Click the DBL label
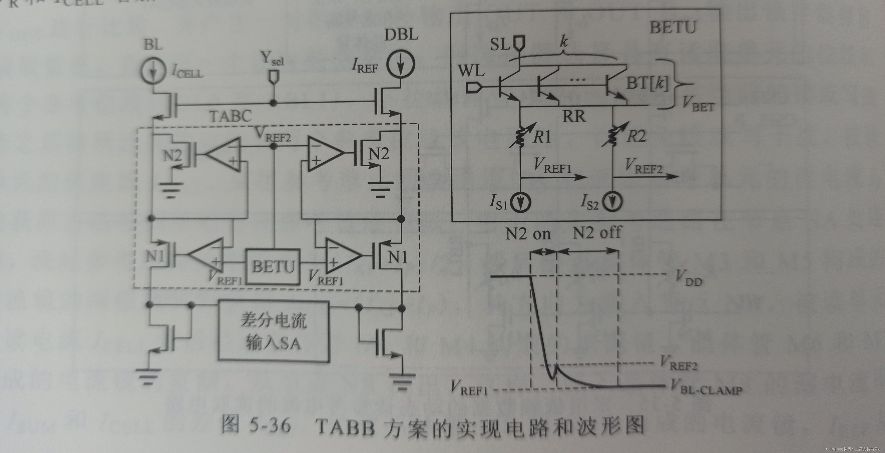coord(401,35)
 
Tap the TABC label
coord(230,116)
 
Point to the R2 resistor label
coord(636,136)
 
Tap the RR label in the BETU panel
coord(574,117)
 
